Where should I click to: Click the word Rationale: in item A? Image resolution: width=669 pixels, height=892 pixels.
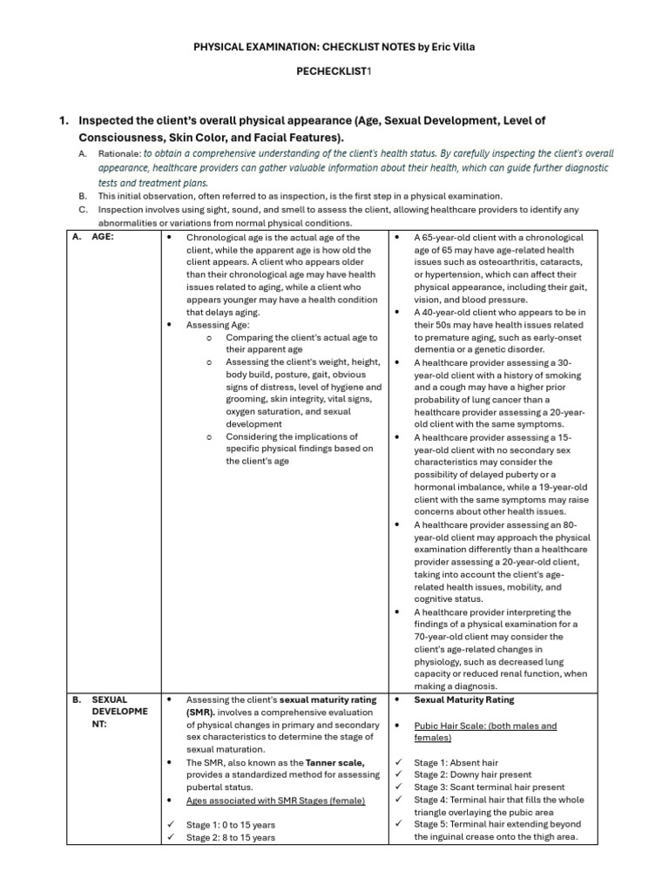click(x=118, y=153)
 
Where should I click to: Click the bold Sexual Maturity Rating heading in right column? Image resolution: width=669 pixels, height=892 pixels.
click(x=463, y=699)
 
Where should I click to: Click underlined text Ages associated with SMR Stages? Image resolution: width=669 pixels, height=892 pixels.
click(x=275, y=800)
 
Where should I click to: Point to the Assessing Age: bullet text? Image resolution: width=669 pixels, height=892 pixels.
click(x=217, y=325)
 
